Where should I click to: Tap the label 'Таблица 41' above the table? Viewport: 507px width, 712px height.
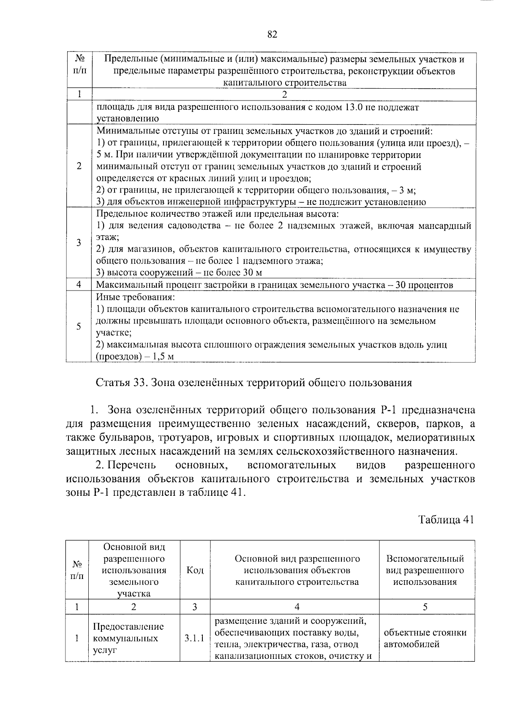(446, 519)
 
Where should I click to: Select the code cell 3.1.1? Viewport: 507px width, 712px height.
(194, 638)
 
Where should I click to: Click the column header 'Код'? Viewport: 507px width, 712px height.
(195, 570)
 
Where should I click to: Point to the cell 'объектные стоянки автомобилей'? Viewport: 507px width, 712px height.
(425, 638)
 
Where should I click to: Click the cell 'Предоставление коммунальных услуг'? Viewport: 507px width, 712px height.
(128, 638)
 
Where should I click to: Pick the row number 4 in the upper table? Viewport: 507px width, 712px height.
(79, 285)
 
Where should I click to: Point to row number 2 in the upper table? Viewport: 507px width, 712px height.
(79, 166)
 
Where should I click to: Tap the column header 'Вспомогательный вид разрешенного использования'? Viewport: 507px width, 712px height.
(425, 570)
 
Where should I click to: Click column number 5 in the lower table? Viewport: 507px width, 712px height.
(425, 607)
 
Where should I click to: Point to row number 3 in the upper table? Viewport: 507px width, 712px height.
(79, 243)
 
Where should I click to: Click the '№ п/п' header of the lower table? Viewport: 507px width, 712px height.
(77, 570)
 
